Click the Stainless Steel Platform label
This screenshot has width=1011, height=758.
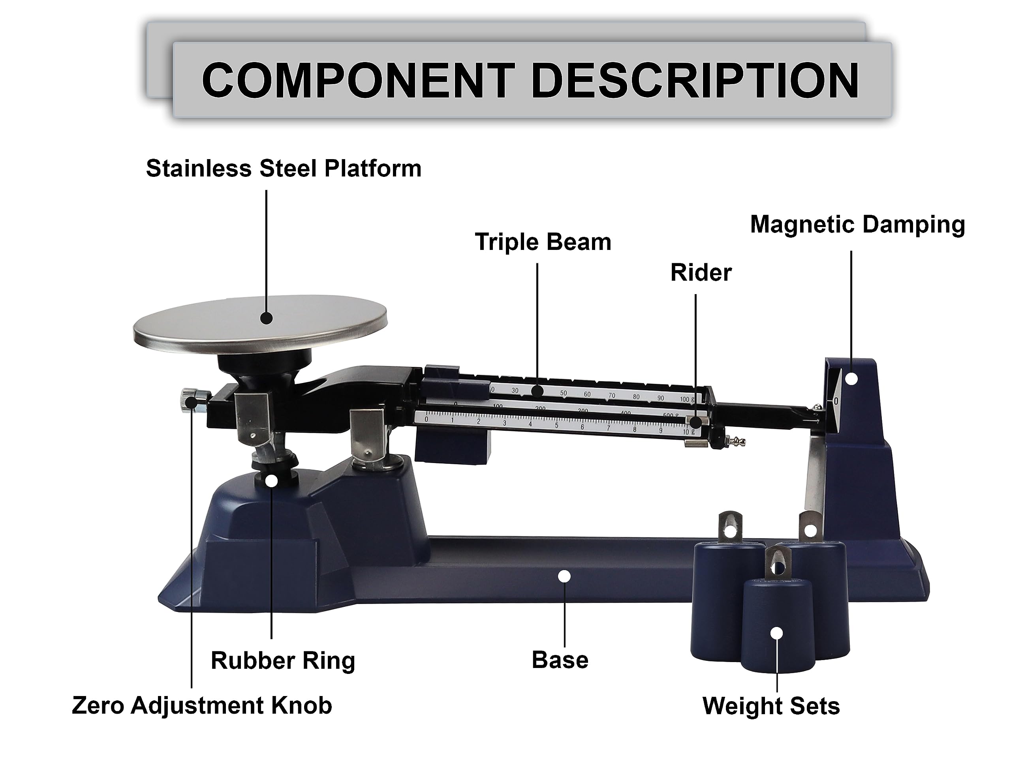click(284, 169)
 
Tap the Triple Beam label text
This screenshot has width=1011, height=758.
click(543, 242)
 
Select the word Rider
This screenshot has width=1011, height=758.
click(701, 273)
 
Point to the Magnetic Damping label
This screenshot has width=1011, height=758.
click(857, 224)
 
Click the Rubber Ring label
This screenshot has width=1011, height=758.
click(283, 660)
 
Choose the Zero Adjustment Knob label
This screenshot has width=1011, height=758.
click(201, 705)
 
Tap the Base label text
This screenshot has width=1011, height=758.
click(560, 660)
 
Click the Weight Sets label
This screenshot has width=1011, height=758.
click(770, 706)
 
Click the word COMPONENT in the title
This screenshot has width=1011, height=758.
click(358, 81)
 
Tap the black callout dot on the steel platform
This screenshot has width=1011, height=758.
click(267, 318)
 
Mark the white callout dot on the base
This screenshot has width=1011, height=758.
click(565, 577)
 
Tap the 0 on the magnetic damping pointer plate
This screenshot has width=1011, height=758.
click(836, 401)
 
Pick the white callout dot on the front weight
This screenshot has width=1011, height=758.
click(776, 633)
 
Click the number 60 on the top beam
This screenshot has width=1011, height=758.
click(587, 394)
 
